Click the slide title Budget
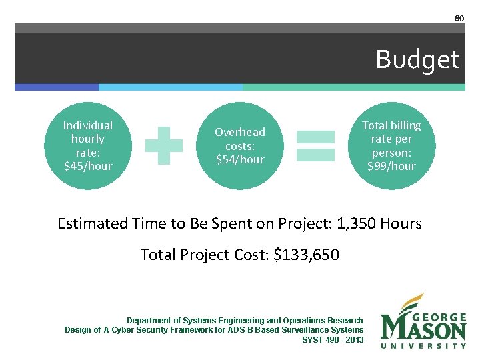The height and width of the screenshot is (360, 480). click(x=417, y=60)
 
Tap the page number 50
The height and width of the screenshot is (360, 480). click(x=459, y=18)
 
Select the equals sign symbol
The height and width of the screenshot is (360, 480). click(x=315, y=146)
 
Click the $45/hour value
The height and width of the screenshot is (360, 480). click(x=88, y=166)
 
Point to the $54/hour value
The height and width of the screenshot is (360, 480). click(x=240, y=159)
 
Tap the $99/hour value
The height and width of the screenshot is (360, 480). click(x=391, y=166)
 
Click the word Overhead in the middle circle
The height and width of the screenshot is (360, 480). click(x=240, y=132)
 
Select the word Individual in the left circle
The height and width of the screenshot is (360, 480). click(x=88, y=125)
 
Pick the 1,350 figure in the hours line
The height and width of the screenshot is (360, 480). click(x=355, y=223)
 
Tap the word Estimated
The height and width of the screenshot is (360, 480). click(x=93, y=223)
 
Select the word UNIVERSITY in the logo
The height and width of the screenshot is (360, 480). click(x=423, y=345)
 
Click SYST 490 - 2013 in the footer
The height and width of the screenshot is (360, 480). click(x=333, y=339)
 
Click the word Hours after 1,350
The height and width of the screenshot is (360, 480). click(x=401, y=223)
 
